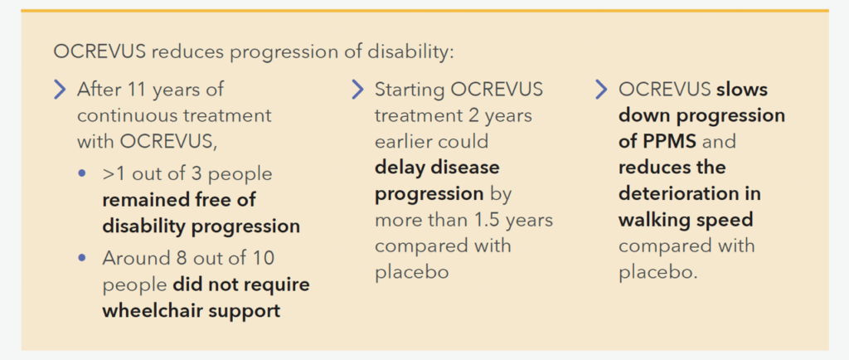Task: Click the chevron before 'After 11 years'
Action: tap(60, 90)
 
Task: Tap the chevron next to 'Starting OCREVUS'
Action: tap(358, 90)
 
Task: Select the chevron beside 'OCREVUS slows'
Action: tap(601, 90)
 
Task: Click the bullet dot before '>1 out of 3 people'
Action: tap(82, 173)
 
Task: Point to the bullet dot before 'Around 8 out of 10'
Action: tap(82, 258)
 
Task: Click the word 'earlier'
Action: tap(403, 141)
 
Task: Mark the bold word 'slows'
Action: tap(742, 90)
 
